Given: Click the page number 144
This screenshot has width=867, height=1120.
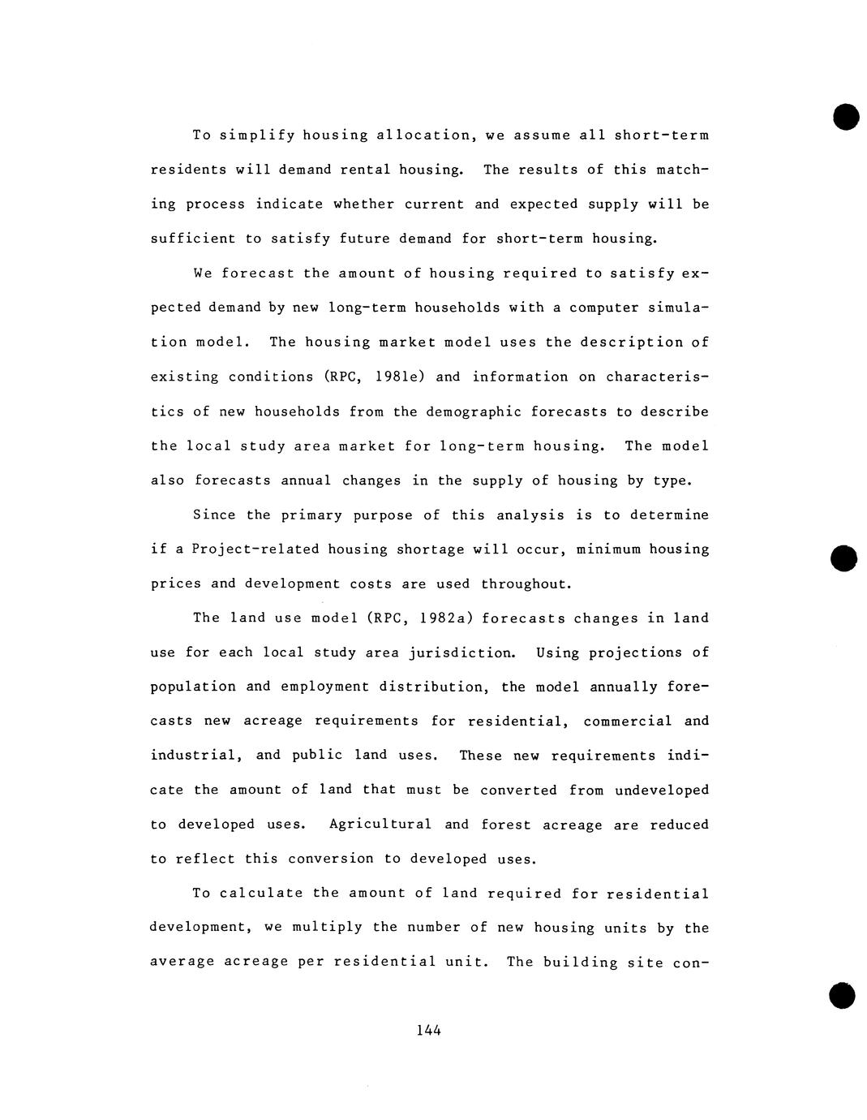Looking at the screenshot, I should pos(428,1030).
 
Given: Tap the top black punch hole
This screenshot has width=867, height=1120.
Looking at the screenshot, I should pos(844,116).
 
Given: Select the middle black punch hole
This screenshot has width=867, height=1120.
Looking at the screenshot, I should pos(844,558).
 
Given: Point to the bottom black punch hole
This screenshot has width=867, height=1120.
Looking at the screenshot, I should pos(843,995).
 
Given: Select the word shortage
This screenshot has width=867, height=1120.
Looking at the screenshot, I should pos(429,549).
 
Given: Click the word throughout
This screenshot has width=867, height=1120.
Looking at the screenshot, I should pos(526,584).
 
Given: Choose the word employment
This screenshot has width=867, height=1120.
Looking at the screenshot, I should pos(324,687).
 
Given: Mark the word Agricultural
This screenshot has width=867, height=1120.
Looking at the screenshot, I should pos(380,825).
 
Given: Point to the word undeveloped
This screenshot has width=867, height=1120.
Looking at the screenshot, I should pos(661,790).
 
